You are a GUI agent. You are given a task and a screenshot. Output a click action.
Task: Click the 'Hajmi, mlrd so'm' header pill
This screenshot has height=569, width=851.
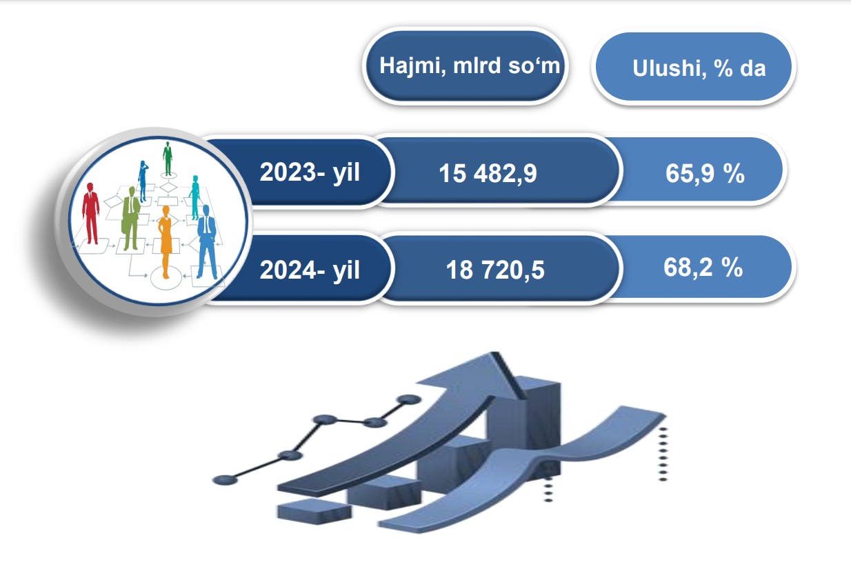click(x=465, y=66)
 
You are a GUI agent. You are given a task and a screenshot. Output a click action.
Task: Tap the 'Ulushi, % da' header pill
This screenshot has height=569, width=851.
click(x=693, y=67)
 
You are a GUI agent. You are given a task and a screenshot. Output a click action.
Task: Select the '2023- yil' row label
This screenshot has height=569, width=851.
click(x=310, y=172)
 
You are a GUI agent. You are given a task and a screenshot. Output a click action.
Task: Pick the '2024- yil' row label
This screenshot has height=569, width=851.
click(x=310, y=270)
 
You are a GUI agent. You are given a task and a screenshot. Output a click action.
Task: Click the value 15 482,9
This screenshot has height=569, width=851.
click(x=488, y=174)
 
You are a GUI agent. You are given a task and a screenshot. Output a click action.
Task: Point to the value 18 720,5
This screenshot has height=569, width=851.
click(x=495, y=270)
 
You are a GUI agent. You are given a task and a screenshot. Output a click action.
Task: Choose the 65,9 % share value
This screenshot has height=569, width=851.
click(x=705, y=173)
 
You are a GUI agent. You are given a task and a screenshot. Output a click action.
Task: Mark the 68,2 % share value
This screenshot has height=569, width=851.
click(x=703, y=267)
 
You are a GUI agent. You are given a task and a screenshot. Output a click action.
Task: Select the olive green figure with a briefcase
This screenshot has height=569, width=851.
click(x=131, y=218)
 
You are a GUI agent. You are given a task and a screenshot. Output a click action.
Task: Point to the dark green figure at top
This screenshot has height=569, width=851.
click(x=168, y=159)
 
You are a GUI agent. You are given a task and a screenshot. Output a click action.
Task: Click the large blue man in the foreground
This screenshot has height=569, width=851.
click(x=207, y=242)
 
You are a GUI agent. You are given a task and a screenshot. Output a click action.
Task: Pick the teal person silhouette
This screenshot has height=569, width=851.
click(x=194, y=197)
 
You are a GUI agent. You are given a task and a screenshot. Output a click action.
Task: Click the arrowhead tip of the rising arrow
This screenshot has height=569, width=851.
click(x=495, y=353)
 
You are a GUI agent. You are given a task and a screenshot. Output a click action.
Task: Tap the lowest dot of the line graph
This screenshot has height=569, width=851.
click(x=225, y=480)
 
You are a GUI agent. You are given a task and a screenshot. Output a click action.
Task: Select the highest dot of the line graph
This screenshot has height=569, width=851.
click(x=408, y=399)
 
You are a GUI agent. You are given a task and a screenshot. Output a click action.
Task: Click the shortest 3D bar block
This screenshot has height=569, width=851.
click(x=314, y=512)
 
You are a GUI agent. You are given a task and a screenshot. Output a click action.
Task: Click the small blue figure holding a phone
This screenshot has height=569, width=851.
click(x=143, y=181)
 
